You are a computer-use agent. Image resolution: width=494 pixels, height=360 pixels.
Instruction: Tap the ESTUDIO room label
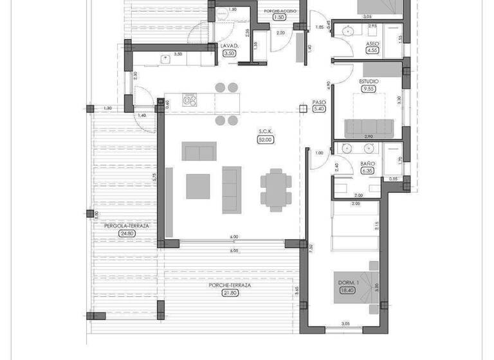coord(369,82)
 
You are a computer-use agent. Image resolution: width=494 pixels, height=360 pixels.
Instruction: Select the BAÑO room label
coord(367,164)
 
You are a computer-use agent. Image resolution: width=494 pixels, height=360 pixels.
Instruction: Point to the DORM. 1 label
coord(348,282)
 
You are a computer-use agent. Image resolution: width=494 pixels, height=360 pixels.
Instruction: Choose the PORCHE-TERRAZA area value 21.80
coord(230,293)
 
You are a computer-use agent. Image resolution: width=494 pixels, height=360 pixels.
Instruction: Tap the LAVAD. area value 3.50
coord(229,54)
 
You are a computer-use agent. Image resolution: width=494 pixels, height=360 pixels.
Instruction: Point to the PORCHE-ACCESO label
coord(279,11)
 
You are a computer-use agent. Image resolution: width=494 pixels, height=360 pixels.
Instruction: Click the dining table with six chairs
coord(275,190)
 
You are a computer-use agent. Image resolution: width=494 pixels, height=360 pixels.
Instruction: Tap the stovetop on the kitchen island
coord(190,100)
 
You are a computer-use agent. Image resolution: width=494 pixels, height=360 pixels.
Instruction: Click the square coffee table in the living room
coord(197,186)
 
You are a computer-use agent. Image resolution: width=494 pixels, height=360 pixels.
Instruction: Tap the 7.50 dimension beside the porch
coord(311,246)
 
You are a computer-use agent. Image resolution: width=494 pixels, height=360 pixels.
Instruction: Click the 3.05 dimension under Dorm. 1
coord(345,323)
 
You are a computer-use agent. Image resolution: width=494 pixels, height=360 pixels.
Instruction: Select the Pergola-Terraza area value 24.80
coord(127,233)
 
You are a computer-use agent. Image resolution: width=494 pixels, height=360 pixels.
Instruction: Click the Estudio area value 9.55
coord(369,89)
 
